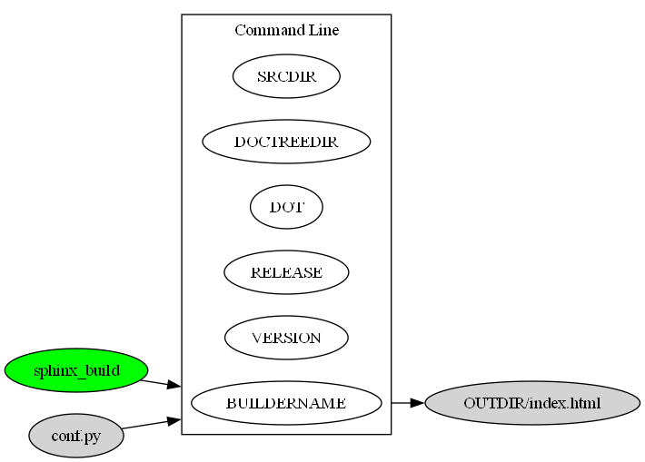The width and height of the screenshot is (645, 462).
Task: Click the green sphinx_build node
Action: (x=76, y=370)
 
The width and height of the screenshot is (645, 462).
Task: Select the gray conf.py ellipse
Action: (x=76, y=436)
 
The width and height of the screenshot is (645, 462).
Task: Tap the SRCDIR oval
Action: (x=286, y=76)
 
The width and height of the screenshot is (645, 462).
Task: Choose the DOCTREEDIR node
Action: (x=286, y=142)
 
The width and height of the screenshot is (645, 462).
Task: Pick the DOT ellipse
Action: (x=286, y=207)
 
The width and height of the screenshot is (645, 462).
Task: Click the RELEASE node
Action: (x=286, y=272)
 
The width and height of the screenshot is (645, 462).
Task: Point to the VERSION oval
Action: (x=286, y=338)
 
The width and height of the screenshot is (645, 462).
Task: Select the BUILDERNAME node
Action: (x=286, y=403)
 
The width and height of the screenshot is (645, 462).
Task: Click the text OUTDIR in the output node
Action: (x=489, y=403)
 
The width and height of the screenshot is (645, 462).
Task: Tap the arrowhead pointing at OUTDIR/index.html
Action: (x=417, y=402)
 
